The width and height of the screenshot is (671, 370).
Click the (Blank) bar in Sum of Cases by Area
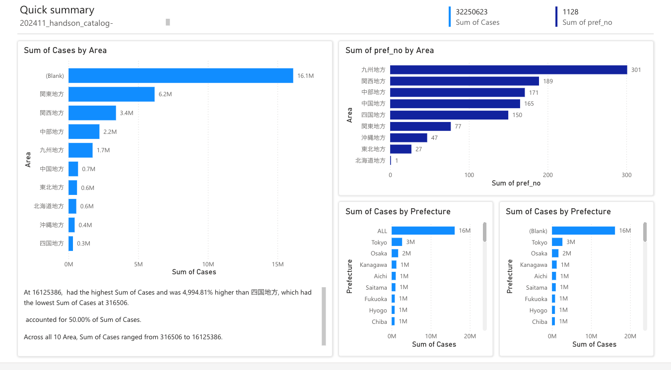coord(181,75)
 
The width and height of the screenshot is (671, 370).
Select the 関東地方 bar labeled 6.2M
coord(111,94)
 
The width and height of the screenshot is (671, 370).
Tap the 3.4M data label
coord(127,113)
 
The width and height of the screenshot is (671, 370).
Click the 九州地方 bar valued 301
coord(508,70)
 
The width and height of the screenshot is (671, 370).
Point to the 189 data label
coord(548,81)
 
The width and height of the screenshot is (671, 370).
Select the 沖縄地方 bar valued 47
coord(408,138)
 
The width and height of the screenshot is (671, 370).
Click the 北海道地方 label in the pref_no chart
coord(370,161)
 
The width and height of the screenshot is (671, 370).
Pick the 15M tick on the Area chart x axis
coord(277,264)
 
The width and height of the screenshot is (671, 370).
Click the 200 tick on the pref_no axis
coord(548,175)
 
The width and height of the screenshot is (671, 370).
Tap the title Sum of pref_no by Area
coord(390,50)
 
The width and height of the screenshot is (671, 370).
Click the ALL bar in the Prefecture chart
coord(423,231)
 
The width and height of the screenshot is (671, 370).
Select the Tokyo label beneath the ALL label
coord(379,243)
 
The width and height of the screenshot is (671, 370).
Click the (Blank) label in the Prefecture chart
coord(538,231)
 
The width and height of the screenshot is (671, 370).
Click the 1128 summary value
coord(570,12)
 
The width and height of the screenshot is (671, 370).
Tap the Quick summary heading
coord(57,10)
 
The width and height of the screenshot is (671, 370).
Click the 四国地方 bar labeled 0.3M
coord(71,244)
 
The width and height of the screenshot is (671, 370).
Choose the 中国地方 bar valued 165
coord(455,104)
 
